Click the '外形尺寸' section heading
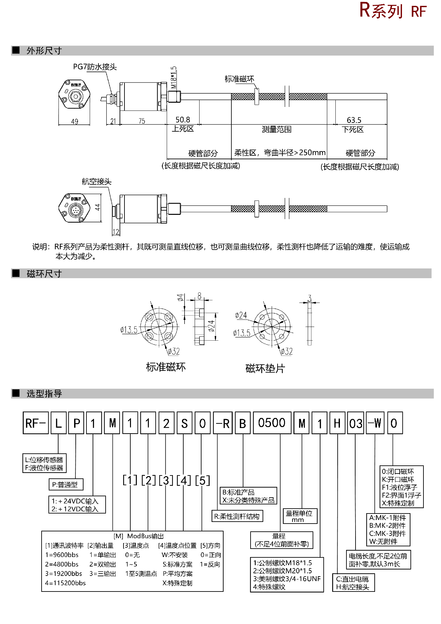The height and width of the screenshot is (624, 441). pyautogui.click(x=44, y=51)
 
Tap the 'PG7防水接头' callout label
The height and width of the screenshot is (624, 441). pyautogui.click(x=95, y=67)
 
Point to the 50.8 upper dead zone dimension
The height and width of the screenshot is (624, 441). pyautogui.click(x=183, y=120)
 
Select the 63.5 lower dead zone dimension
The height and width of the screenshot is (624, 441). pyautogui.click(x=354, y=120)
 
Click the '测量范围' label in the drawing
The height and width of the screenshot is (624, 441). pyautogui.click(x=277, y=129)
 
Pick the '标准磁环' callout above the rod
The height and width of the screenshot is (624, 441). pyautogui.click(x=240, y=79)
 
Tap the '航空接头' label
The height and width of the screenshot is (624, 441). pyautogui.click(x=97, y=181)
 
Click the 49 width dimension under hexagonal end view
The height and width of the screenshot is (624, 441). pyautogui.click(x=74, y=122)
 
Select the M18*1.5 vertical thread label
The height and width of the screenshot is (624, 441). pyautogui.click(x=174, y=77)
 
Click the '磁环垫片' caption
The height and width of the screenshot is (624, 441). pyautogui.click(x=265, y=369)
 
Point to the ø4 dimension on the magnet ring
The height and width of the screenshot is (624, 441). pyautogui.click(x=180, y=297)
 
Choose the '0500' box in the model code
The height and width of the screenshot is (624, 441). pyautogui.click(x=272, y=423)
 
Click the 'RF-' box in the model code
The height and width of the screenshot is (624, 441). pyautogui.click(x=35, y=423)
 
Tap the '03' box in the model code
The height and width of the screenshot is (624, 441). pyautogui.click(x=356, y=423)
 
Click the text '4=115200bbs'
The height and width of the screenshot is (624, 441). pyautogui.click(x=65, y=583)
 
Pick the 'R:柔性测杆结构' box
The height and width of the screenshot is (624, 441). pyautogui.click(x=237, y=516)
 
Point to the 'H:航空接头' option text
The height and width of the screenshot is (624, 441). pyautogui.click(x=353, y=587)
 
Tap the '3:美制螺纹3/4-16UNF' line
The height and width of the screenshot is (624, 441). pyautogui.click(x=287, y=579)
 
